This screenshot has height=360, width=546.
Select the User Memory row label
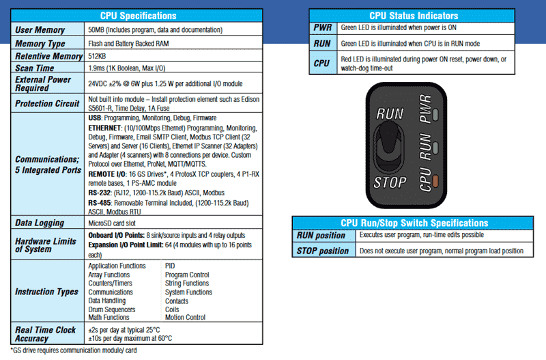tap(40, 30)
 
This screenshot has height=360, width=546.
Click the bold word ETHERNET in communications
tap(108, 128)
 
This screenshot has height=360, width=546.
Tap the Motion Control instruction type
tap(185, 317)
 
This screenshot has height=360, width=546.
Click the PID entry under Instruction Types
tap(171, 266)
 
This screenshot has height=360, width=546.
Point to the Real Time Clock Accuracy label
tap(46, 334)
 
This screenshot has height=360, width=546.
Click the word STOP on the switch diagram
tap(390, 183)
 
